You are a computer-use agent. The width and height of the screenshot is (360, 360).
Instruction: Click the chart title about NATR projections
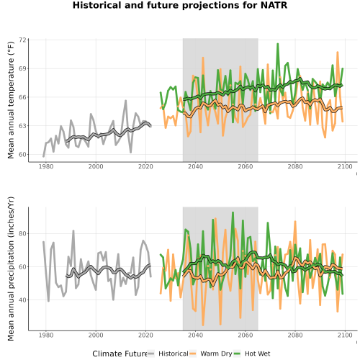click(x=180, y=5)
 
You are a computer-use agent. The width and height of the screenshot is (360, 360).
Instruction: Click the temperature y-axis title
click(x=11, y=100)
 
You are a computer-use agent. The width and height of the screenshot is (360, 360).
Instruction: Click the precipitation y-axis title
click(x=11, y=269)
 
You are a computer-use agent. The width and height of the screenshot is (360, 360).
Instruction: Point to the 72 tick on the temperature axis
click(x=22, y=40)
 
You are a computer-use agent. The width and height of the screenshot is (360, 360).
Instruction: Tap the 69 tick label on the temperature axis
click(x=22, y=68)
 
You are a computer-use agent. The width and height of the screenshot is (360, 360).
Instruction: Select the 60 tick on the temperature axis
click(x=22, y=155)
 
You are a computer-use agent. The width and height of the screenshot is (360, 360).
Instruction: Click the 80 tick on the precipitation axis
click(x=22, y=233)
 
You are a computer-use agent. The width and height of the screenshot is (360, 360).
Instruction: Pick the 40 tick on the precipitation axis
click(x=22, y=300)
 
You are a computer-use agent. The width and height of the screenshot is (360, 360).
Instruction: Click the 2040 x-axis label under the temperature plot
click(x=195, y=166)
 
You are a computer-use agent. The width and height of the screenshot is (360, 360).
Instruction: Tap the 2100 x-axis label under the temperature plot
click(x=345, y=166)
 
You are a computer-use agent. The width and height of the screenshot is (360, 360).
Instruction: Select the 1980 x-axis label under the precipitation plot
click(x=46, y=335)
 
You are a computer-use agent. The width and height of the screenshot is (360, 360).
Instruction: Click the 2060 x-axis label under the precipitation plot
click(x=246, y=335)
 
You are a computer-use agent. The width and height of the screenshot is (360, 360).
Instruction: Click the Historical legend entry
click(x=168, y=354)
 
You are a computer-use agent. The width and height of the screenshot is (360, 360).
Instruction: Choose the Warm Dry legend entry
click(x=210, y=354)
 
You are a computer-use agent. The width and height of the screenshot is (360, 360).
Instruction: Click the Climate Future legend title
click(x=120, y=354)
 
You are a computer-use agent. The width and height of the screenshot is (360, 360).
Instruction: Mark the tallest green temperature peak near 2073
click(x=278, y=44)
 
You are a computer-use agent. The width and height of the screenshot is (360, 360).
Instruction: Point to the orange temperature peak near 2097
click(x=338, y=53)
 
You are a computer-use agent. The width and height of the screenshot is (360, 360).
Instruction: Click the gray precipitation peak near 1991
click(x=73, y=231)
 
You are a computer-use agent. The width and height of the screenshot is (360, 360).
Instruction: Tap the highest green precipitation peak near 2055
click(x=233, y=212)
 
